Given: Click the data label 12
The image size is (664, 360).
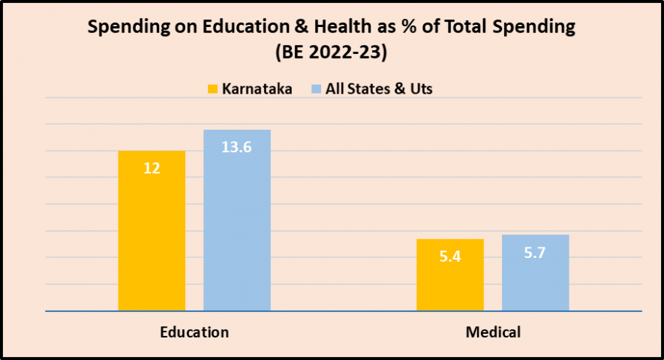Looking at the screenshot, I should [x=152, y=169].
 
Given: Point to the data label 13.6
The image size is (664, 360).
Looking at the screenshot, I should [x=236, y=147].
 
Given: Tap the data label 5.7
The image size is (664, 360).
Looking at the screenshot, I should [x=535, y=253].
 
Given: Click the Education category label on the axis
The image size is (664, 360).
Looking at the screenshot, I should [x=194, y=331].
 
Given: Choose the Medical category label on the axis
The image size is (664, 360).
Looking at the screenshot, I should [x=492, y=331].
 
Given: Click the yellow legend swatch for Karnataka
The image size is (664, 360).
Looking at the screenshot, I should [x=212, y=88].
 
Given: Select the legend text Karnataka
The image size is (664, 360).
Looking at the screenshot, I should [x=257, y=88].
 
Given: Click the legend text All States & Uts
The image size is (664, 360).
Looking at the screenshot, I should [x=379, y=88].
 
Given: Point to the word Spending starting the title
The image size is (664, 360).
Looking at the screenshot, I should [x=122, y=28].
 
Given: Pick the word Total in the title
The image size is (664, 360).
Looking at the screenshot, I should [x=461, y=28].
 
